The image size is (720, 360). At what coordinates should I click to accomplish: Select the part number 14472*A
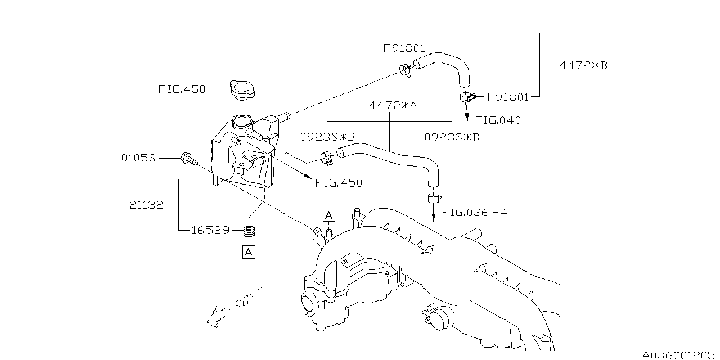[x=389, y=105]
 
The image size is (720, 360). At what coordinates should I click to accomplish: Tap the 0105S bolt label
[x=138, y=159]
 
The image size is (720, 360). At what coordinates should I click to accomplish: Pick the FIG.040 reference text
[x=498, y=120]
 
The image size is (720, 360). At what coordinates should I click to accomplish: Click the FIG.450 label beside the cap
[x=182, y=89]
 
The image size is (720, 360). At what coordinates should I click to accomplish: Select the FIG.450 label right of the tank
[x=339, y=183]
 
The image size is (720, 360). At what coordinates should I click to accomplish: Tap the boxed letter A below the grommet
[x=249, y=252]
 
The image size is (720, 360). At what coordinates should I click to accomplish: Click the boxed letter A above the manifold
[x=329, y=214]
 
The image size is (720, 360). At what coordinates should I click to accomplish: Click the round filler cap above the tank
[x=243, y=88]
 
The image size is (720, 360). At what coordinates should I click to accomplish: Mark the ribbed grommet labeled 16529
[x=249, y=231]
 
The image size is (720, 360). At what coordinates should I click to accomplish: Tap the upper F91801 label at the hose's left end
[x=404, y=48]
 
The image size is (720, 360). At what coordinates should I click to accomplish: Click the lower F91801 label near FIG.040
[x=508, y=97]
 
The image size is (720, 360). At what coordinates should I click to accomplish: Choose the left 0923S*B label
[x=335, y=137]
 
